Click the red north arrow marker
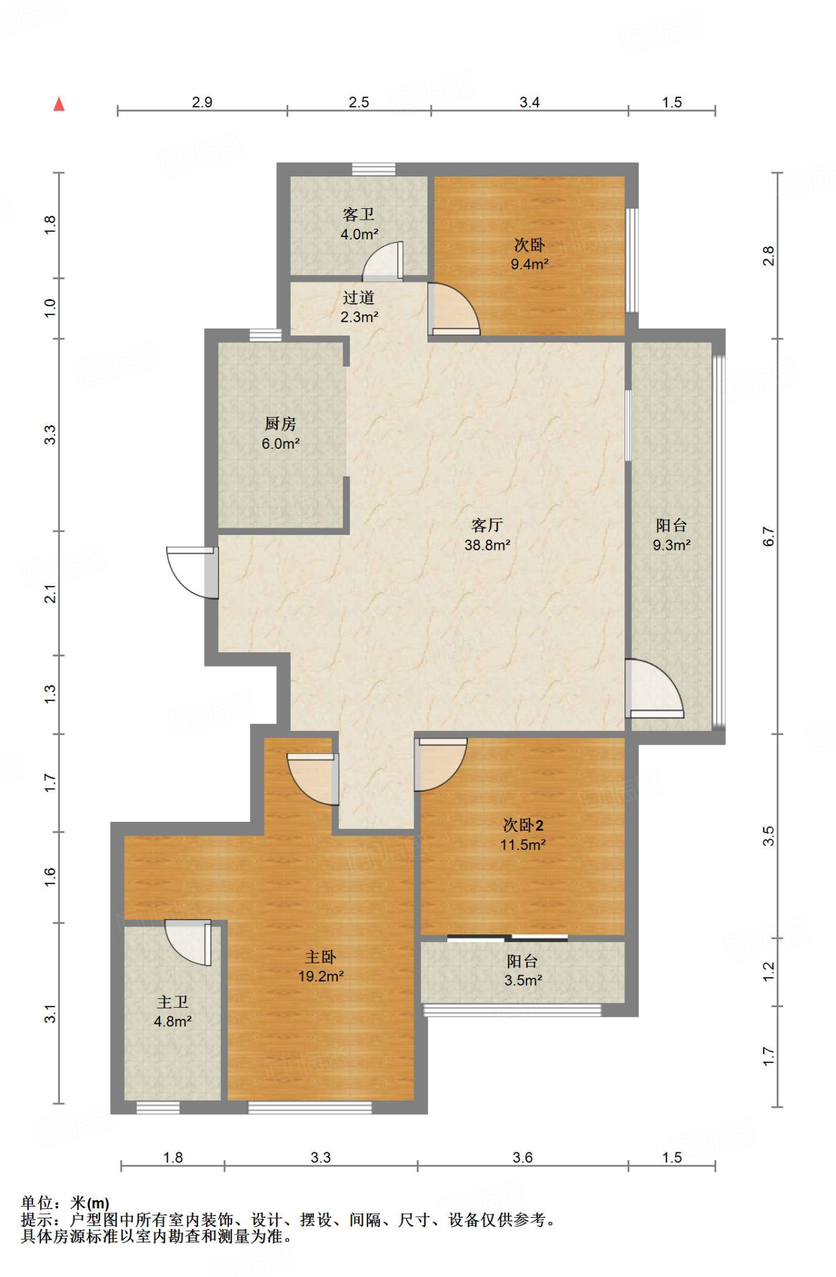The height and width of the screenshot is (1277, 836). tap(59, 104)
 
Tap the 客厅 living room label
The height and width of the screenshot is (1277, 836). tap(487, 525)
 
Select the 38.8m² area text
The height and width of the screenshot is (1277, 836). tap(487, 545)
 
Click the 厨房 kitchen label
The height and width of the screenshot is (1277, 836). tap(280, 424)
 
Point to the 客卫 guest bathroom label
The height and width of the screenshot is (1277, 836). tap(359, 214)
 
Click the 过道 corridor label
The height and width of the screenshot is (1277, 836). tap(359, 297)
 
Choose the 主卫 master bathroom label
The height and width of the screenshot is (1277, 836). tap(172, 1002)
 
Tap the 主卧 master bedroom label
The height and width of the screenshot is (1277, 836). tap(321, 957)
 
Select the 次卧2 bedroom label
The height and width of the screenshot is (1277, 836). tap(523, 826)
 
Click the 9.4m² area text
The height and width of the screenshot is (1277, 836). tap(530, 264)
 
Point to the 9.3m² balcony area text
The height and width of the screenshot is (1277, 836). tap(671, 545)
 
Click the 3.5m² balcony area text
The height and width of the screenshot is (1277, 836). tap(523, 980)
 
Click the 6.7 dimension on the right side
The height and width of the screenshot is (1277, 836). tap(769, 537)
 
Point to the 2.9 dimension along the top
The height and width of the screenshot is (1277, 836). tap(202, 102)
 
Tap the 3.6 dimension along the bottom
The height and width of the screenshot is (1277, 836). tap(523, 1158)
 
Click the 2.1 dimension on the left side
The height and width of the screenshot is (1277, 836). tap(50, 594)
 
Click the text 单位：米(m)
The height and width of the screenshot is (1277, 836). tap(65, 1203)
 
